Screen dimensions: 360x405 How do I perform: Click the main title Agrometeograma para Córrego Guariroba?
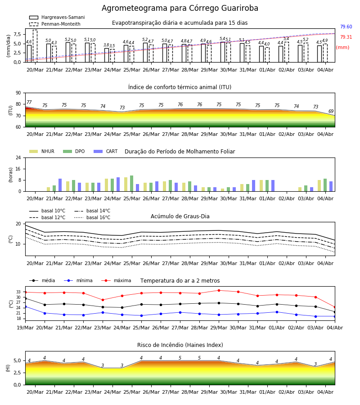click(180, 8)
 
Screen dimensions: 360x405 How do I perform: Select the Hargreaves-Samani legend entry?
click(57, 17)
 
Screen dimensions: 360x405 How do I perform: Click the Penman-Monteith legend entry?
click(55, 24)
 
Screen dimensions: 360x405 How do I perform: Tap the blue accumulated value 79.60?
click(346, 27)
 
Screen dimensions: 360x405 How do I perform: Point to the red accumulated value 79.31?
click(346, 37)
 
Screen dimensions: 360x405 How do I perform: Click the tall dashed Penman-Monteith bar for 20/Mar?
click(35, 46)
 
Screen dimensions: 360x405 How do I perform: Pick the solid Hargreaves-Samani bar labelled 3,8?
click(107, 55)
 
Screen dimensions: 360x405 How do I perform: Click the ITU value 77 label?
click(29, 102)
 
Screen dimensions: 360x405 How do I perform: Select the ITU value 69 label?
click(331, 111)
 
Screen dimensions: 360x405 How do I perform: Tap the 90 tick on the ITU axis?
click(18, 93)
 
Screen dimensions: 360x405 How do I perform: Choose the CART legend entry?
click(106, 151)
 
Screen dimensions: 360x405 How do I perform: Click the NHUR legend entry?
click(42, 151)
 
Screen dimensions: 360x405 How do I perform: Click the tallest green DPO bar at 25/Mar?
click(132, 184)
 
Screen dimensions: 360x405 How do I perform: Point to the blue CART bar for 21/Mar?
click(60, 185)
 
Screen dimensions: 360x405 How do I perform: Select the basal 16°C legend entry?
click(92, 217)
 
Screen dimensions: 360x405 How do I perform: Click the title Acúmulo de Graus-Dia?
click(180, 216)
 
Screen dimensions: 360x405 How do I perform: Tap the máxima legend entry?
click(116, 280)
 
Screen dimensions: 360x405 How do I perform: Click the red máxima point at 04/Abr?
click(335, 307)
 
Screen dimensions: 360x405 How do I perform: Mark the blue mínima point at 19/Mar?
click(25, 306)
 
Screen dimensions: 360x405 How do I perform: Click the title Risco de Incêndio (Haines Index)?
click(180, 345)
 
